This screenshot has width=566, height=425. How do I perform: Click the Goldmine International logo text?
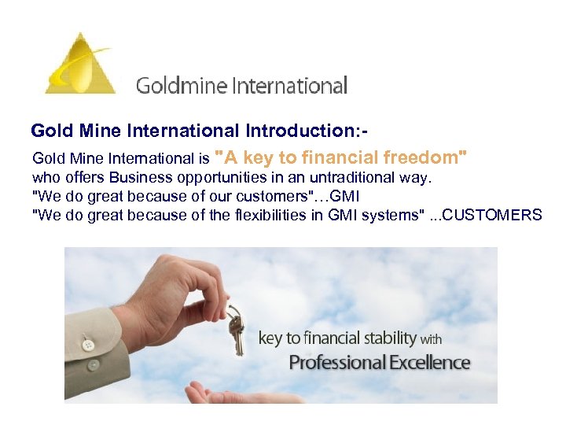[241, 85]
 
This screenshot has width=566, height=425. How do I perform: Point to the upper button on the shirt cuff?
[88, 345]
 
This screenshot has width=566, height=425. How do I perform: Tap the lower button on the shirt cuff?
[93, 365]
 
